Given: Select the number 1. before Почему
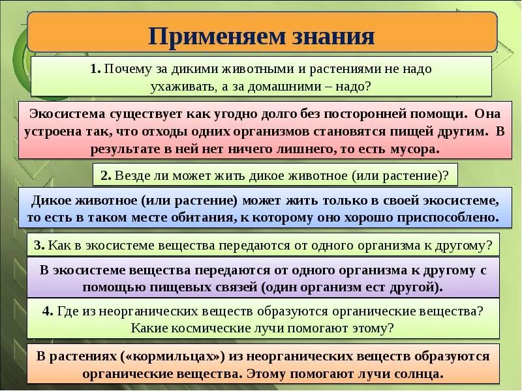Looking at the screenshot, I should [95, 68].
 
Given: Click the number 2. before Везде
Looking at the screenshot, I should [107, 175].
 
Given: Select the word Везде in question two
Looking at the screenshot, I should [135, 175].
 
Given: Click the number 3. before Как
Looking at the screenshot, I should [39, 245].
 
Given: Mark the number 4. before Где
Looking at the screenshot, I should [47, 311].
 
